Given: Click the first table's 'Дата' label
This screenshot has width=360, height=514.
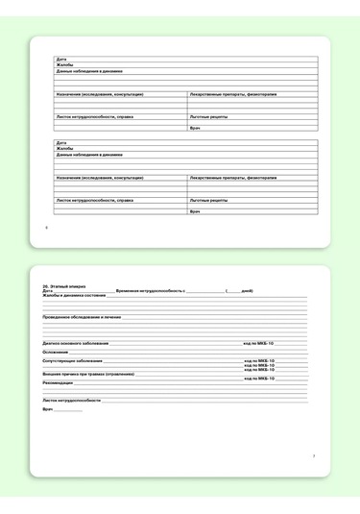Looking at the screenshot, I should [60, 60].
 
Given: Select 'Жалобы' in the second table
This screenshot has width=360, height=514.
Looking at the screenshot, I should [64, 149].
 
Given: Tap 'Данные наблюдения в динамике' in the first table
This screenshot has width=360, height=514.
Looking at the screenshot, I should [89, 71].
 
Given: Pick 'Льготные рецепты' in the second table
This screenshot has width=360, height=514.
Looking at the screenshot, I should [208, 200].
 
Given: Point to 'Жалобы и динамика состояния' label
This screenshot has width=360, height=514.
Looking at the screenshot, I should [74, 295].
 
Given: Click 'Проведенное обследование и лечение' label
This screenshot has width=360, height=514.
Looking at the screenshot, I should [82, 316].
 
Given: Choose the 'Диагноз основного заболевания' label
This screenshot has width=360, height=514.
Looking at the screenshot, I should [76, 342].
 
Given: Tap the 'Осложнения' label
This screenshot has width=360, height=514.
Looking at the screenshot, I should [56, 352].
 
